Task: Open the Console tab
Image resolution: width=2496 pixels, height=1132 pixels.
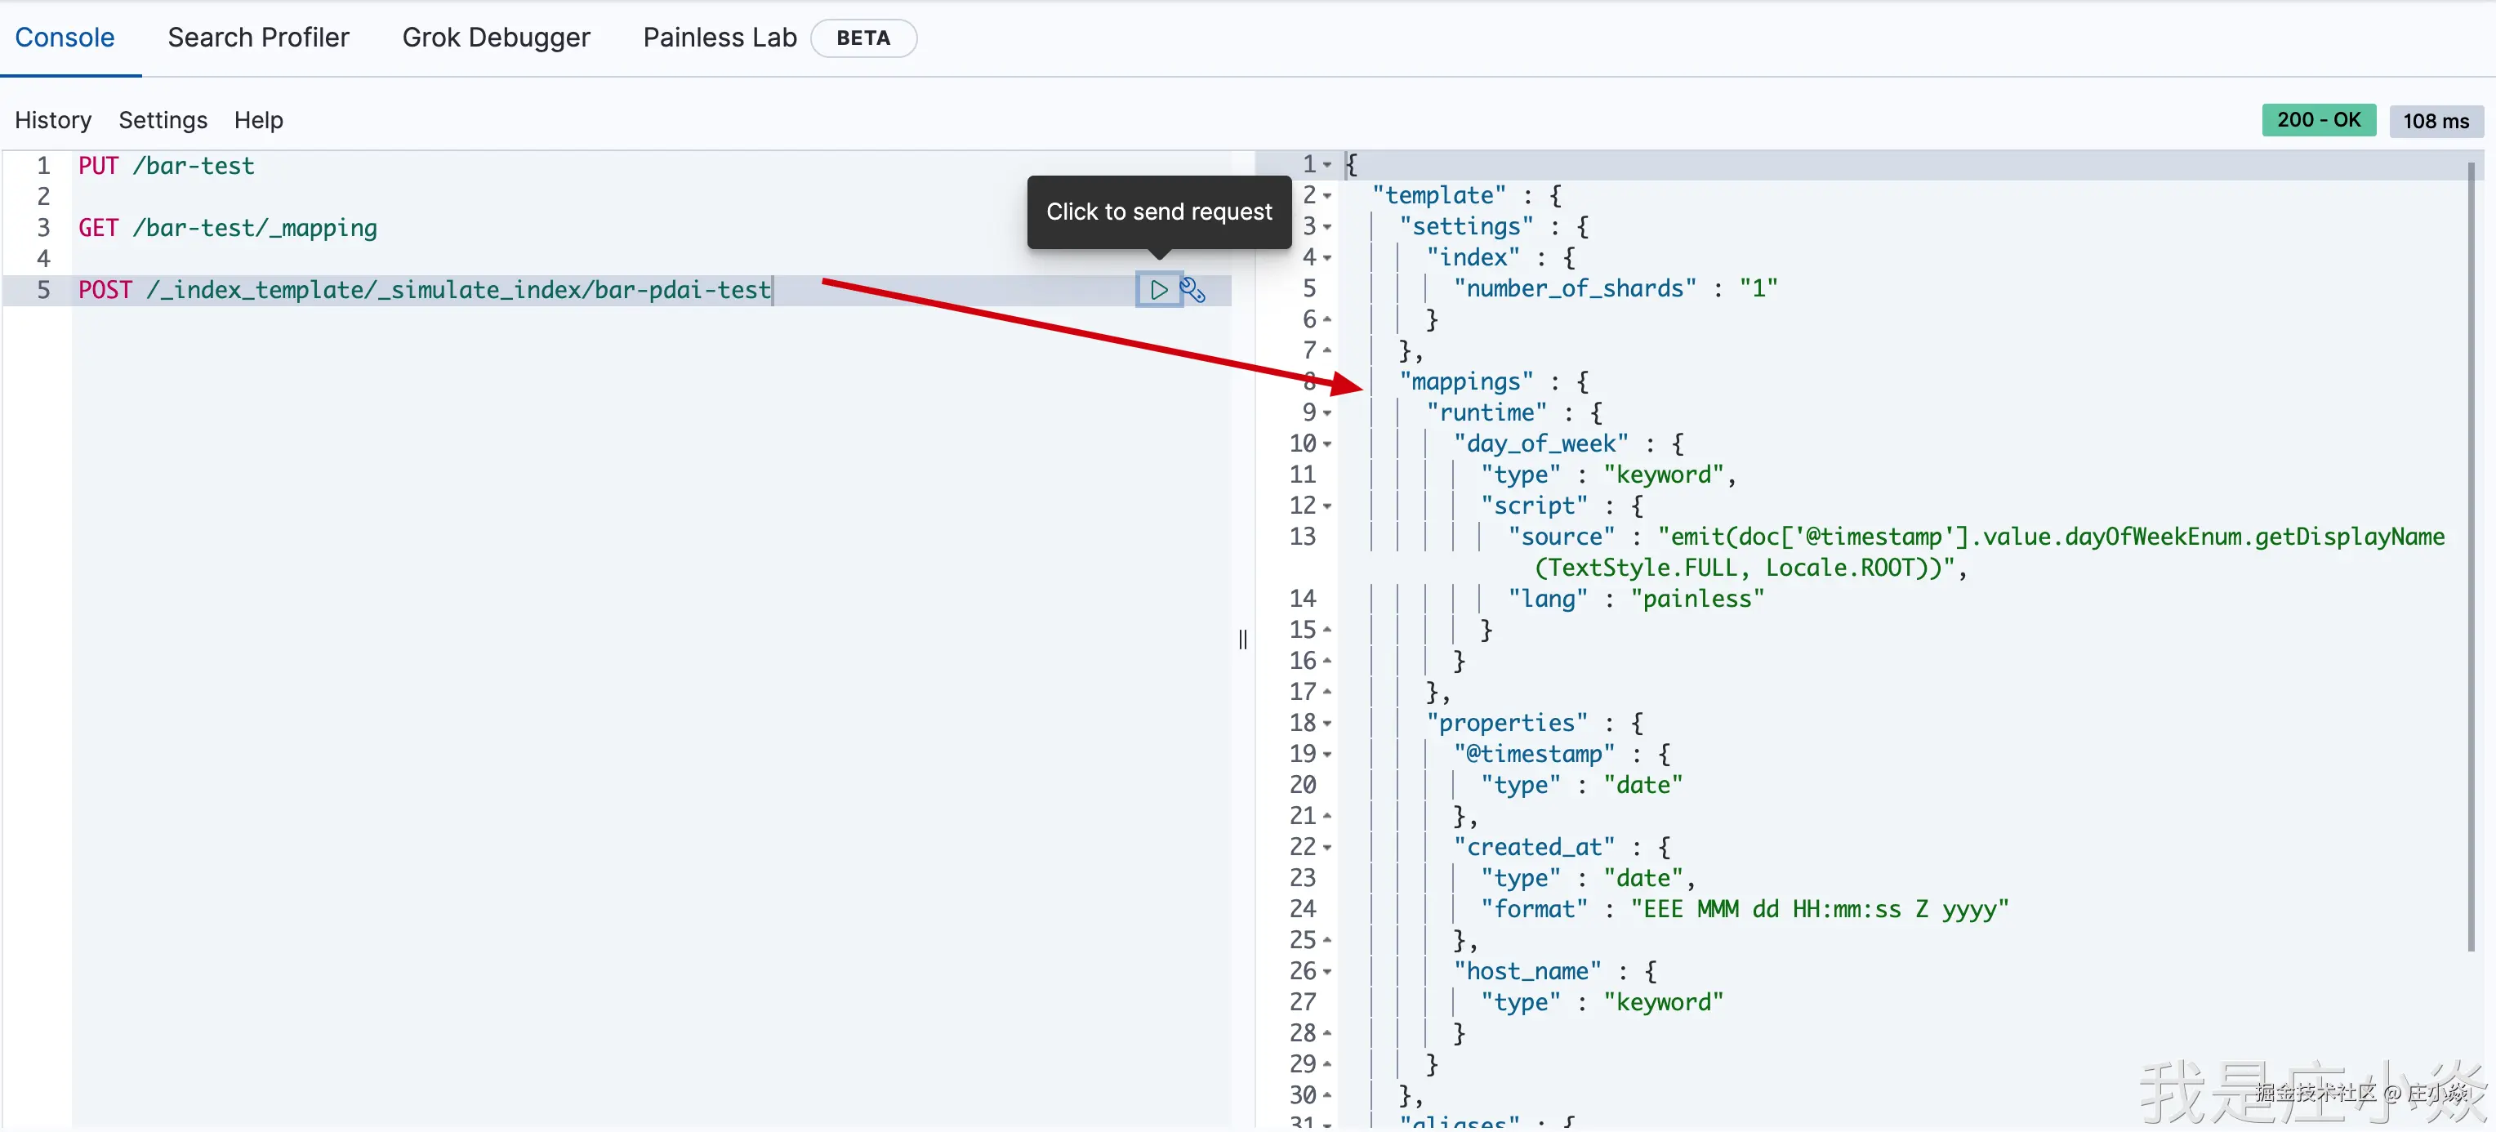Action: [x=65, y=38]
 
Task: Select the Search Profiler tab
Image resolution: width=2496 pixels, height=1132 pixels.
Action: [x=258, y=38]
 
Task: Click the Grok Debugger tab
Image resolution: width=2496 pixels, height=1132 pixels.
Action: [x=495, y=38]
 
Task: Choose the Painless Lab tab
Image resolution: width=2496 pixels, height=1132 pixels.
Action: [x=719, y=38]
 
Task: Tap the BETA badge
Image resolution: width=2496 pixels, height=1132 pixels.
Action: [x=862, y=38]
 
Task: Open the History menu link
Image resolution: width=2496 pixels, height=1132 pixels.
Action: [x=53, y=120]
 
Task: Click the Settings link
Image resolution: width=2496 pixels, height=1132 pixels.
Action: [x=163, y=120]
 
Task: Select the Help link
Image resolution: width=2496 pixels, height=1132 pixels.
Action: [x=258, y=120]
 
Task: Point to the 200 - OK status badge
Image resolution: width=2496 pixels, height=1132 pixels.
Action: [x=2318, y=120]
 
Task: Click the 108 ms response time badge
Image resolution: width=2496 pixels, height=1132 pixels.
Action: [x=2435, y=121]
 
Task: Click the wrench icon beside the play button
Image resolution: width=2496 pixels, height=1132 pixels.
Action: [x=1192, y=290]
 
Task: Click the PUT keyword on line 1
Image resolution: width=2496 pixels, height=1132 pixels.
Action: [x=98, y=167]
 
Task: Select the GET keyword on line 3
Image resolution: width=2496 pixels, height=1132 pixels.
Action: [x=98, y=229]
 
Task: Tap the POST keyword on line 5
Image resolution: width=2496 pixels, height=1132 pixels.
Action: [x=105, y=290]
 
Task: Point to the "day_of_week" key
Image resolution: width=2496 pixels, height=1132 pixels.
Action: [x=1540, y=443]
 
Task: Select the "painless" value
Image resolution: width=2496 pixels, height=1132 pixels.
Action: [x=1696, y=599]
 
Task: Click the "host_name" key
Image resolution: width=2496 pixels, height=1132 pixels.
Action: [x=1527, y=971]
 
